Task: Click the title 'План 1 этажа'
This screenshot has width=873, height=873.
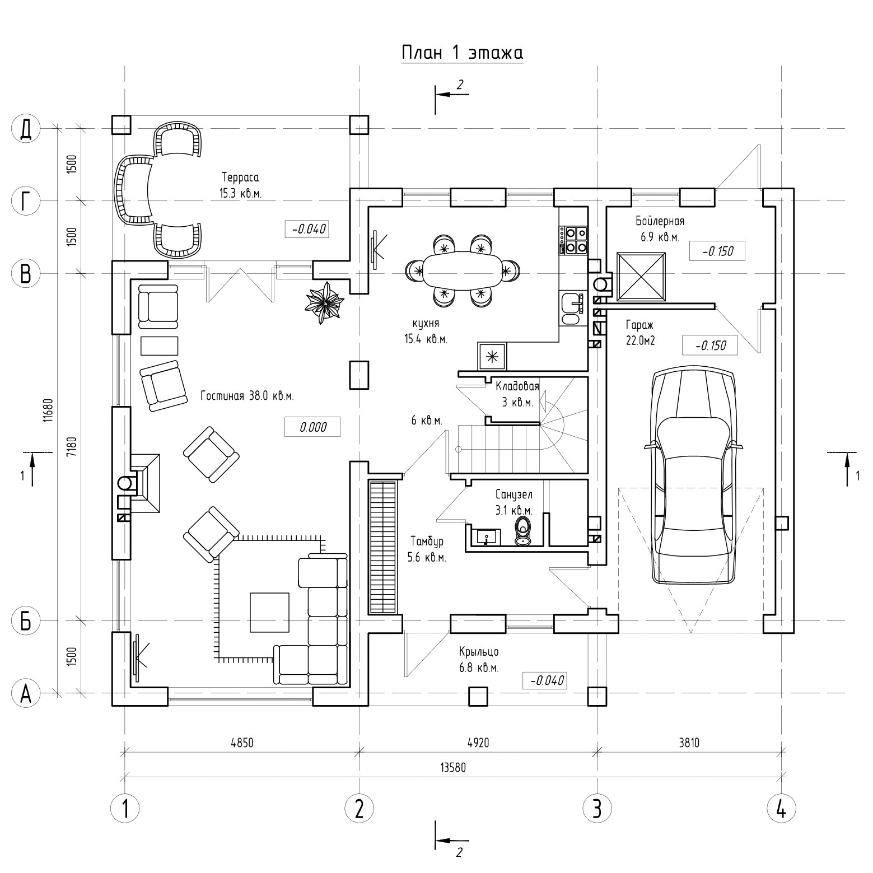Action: click(x=463, y=53)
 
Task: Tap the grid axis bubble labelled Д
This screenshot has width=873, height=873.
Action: click(x=25, y=129)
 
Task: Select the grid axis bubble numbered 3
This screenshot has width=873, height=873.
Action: click(x=596, y=809)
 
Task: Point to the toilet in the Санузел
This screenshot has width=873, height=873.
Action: click(x=524, y=530)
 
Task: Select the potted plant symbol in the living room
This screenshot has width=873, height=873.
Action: click(x=323, y=303)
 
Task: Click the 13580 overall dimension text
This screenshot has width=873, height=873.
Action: click(x=454, y=768)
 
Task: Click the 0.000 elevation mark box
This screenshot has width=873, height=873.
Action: click(x=312, y=427)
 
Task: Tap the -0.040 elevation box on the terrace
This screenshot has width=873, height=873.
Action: click(x=307, y=229)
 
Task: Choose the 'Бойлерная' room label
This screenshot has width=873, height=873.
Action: click(x=660, y=221)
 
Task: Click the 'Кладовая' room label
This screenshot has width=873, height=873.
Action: click(x=517, y=386)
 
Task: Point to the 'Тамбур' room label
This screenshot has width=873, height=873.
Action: click(x=427, y=541)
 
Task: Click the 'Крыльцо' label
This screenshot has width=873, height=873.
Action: click(x=479, y=652)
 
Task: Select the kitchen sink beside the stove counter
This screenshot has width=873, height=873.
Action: click(x=572, y=303)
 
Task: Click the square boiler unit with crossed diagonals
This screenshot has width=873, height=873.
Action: click(x=641, y=277)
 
